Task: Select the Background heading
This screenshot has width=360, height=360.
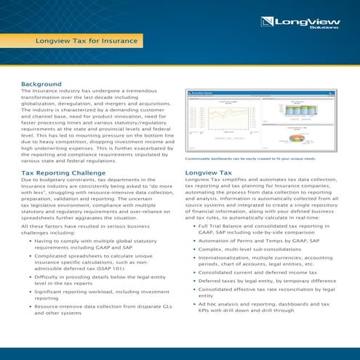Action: click(x=41, y=84)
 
